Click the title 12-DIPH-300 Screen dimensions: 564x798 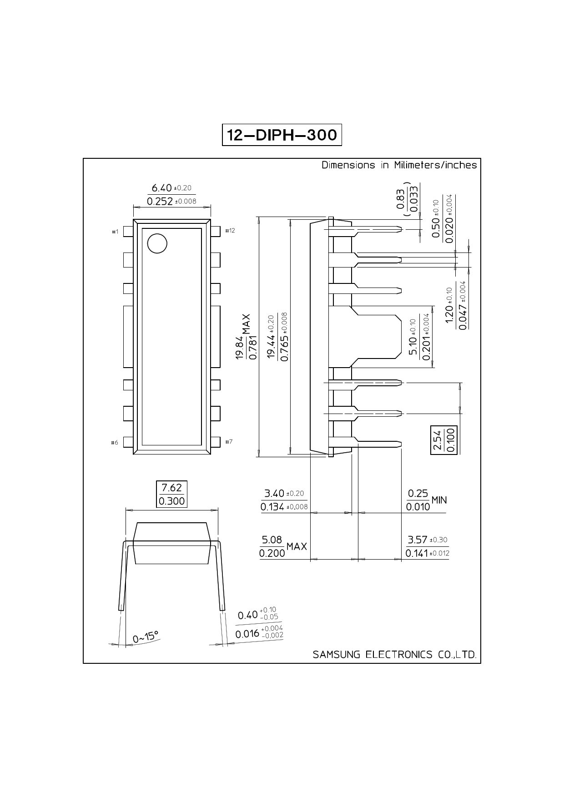point(282,135)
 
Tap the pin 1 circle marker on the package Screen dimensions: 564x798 point(157,243)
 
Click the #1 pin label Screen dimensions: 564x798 point(115,232)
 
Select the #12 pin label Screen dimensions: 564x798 point(230,231)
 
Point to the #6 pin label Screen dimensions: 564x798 point(115,443)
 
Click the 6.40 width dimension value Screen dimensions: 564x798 point(161,188)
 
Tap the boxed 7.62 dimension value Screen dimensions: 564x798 point(171,488)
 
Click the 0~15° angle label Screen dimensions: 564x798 point(146,637)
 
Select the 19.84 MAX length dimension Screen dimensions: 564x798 point(246,337)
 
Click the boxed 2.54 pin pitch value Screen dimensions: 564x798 point(438,440)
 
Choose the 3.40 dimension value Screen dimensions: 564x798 point(274,493)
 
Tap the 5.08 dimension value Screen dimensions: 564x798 point(272,540)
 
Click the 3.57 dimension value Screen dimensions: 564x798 point(418,540)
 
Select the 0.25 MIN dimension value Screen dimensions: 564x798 point(427,500)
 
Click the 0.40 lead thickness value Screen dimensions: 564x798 point(248,616)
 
